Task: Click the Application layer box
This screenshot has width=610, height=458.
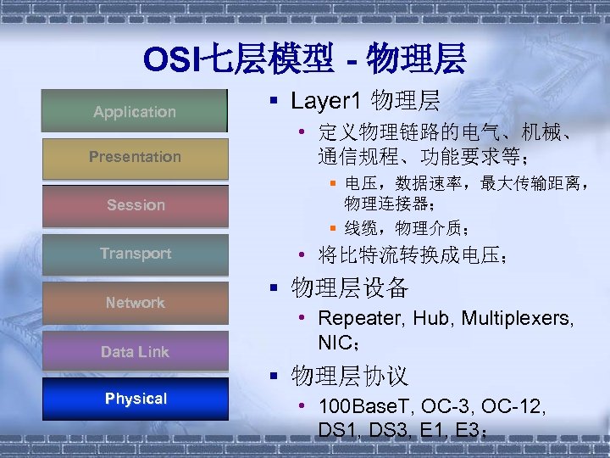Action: coord(135,111)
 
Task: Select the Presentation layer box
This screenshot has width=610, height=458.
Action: coord(135,157)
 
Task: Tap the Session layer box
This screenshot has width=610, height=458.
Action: coord(135,205)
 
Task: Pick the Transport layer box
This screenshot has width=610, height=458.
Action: coord(135,254)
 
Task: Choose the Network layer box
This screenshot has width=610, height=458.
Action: coord(135,303)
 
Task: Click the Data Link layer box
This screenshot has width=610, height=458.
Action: coord(135,351)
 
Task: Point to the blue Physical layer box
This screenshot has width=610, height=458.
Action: coord(135,399)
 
